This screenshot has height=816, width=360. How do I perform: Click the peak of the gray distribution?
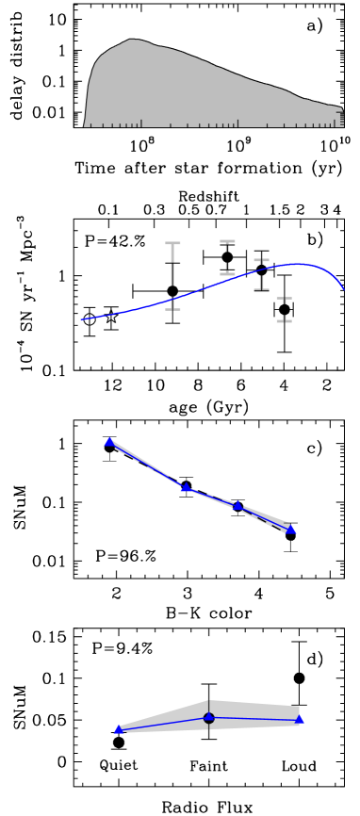point(133,41)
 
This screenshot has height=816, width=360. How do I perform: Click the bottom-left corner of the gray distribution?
point(85,125)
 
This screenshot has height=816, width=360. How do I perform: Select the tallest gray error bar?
point(172,276)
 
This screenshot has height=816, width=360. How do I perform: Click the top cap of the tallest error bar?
point(172,244)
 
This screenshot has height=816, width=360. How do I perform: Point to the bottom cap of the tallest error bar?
point(172,308)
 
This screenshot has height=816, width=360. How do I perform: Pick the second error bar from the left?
point(227,257)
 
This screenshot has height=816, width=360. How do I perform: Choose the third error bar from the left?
point(261,274)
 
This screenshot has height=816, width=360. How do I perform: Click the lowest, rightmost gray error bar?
point(284,310)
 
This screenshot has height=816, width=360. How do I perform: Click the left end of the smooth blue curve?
point(81,320)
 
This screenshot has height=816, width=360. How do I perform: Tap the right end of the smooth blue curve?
point(343,288)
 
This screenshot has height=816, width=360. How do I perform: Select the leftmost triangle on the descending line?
point(109,442)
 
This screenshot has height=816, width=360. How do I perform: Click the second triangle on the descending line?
point(186,487)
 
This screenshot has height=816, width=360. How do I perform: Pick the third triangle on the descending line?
point(237,505)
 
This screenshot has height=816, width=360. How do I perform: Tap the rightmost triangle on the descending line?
point(291,530)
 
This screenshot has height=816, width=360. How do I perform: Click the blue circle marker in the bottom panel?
point(209,718)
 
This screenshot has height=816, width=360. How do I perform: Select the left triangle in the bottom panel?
point(119,729)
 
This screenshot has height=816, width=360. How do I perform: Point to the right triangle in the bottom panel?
point(300,719)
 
